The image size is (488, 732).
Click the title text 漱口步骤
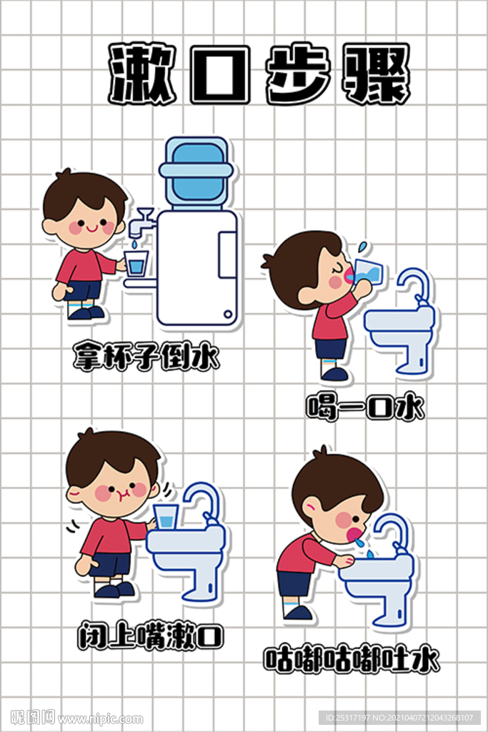point(259,74)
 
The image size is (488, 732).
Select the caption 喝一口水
point(365,408)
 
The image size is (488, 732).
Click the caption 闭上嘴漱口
point(150,635)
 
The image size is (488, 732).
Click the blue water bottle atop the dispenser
point(196,172)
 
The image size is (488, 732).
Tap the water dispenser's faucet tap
point(138,224)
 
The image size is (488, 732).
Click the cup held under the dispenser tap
point(136,263)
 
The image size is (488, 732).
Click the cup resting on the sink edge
point(166,515)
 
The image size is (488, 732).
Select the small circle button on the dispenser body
point(228,313)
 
